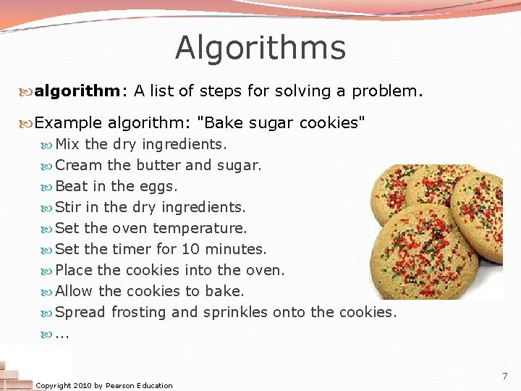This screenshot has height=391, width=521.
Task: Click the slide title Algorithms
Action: [x=260, y=49]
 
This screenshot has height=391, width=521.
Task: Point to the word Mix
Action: [x=68, y=144]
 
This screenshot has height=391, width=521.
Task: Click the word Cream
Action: [x=78, y=165]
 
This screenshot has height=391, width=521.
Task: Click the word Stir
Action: [x=68, y=207]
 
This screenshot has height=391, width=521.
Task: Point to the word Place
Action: [x=73, y=270]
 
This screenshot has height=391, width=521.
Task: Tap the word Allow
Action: [x=74, y=291]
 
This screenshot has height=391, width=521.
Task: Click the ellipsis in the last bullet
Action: [x=62, y=335]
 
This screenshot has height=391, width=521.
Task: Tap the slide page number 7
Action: [x=504, y=376]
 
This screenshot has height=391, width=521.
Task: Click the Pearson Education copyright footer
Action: [x=104, y=385]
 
